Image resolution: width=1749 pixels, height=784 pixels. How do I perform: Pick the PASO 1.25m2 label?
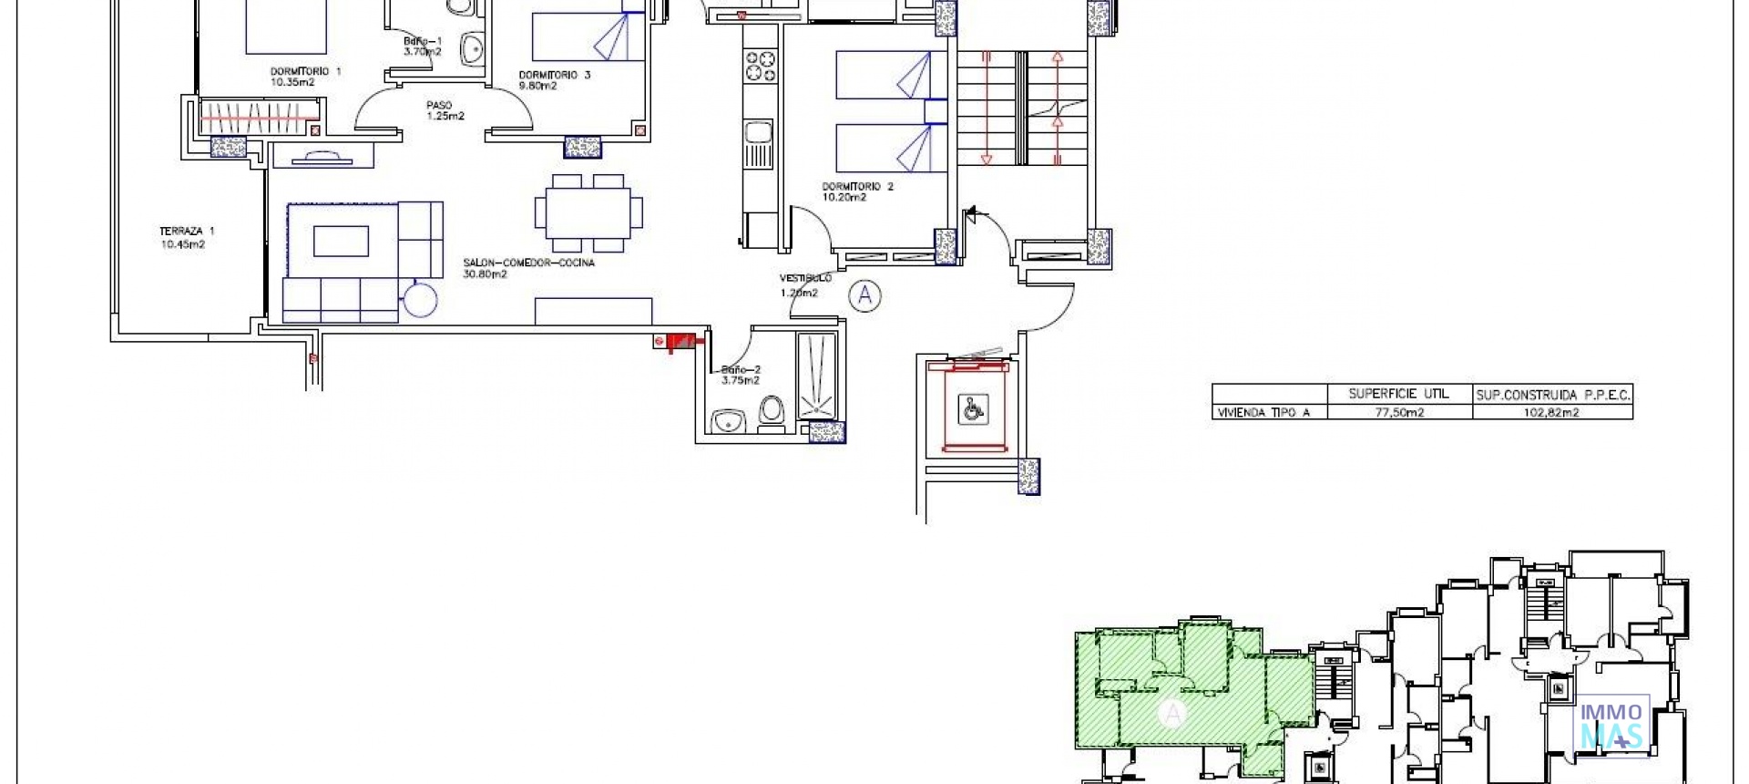click(445, 110)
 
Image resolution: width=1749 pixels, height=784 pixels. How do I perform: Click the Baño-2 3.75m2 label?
click(740, 375)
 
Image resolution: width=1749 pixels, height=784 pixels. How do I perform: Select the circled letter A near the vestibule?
click(864, 295)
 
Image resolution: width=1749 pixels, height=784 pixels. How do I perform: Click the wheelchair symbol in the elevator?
click(972, 409)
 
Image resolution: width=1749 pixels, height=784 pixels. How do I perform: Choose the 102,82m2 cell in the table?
click(1551, 413)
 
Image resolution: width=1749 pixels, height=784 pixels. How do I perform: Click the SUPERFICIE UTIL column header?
click(1398, 394)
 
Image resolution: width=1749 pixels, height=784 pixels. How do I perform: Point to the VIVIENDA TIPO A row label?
click(1263, 413)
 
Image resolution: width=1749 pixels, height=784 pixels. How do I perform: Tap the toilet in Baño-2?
click(772, 413)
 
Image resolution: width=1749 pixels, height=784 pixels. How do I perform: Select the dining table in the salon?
click(588, 213)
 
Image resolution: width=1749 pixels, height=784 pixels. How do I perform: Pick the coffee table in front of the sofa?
click(342, 242)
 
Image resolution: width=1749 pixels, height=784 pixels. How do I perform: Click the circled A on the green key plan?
click(1172, 713)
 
